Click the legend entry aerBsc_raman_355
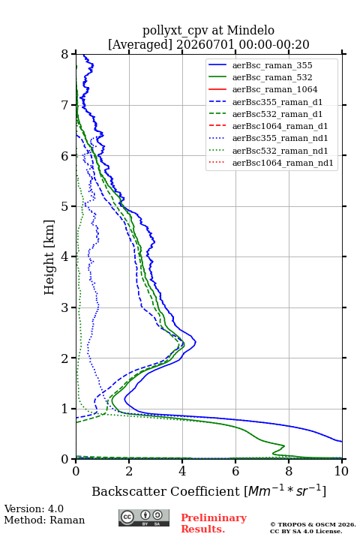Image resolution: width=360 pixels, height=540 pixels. [272, 65]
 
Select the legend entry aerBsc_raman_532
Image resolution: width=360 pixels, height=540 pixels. [272, 77]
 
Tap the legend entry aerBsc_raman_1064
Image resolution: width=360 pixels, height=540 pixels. [275, 89]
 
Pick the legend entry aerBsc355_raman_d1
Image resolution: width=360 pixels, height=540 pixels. [277, 102]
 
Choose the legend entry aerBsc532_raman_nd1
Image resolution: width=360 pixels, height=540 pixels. [280, 151]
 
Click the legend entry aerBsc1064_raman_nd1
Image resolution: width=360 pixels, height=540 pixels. [283, 163]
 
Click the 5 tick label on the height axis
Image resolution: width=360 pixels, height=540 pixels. [65, 206]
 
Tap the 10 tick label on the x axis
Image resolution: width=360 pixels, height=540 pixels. [341, 471]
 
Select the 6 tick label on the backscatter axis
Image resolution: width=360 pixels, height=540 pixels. [235, 471]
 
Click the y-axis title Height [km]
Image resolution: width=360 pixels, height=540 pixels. [49, 257]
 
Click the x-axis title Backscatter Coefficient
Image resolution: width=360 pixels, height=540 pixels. [166, 491]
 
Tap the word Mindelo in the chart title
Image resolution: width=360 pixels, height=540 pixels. [250, 30]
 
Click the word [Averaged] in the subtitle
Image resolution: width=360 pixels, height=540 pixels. [140, 44]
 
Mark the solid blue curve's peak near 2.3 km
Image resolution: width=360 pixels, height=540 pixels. [196, 342]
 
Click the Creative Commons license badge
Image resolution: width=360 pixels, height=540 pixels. [144, 517]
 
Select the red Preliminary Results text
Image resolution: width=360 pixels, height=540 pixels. [214, 523]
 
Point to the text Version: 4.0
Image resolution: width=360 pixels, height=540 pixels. [34, 508]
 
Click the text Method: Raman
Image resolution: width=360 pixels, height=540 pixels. [44, 520]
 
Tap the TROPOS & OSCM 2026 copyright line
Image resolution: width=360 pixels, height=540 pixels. [313, 524]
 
